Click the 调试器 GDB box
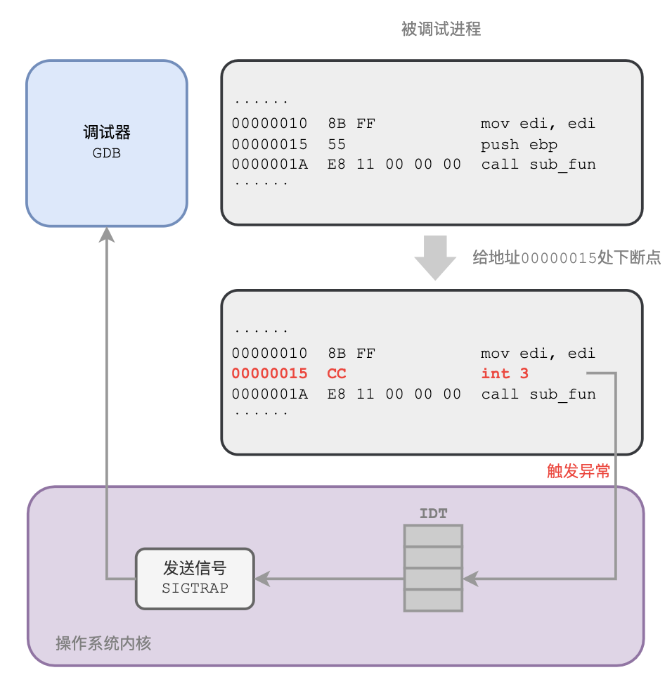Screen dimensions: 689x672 click(107, 143)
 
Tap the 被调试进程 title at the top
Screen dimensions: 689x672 click(441, 29)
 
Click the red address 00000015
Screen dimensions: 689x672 click(270, 373)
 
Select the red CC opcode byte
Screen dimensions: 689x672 click(337, 373)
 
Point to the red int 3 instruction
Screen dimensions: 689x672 click(505, 373)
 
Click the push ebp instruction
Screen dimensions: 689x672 click(519, 144)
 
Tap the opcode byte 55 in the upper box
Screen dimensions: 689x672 click(337, 144)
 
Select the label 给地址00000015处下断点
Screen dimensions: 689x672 click(567, 258)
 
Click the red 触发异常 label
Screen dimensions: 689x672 click(579, 471)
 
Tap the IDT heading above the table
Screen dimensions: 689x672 click(433, 514)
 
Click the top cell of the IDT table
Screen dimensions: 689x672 click(433, 536)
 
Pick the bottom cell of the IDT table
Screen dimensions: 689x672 click(433, 600)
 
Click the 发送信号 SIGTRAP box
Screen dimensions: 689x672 click(195, 578)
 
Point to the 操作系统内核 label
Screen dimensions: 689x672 click(103, 643)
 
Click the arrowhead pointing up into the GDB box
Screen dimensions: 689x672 click(107, 235)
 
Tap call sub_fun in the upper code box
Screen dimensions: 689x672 click(538, 165)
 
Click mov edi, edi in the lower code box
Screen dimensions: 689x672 click(538, 353)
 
